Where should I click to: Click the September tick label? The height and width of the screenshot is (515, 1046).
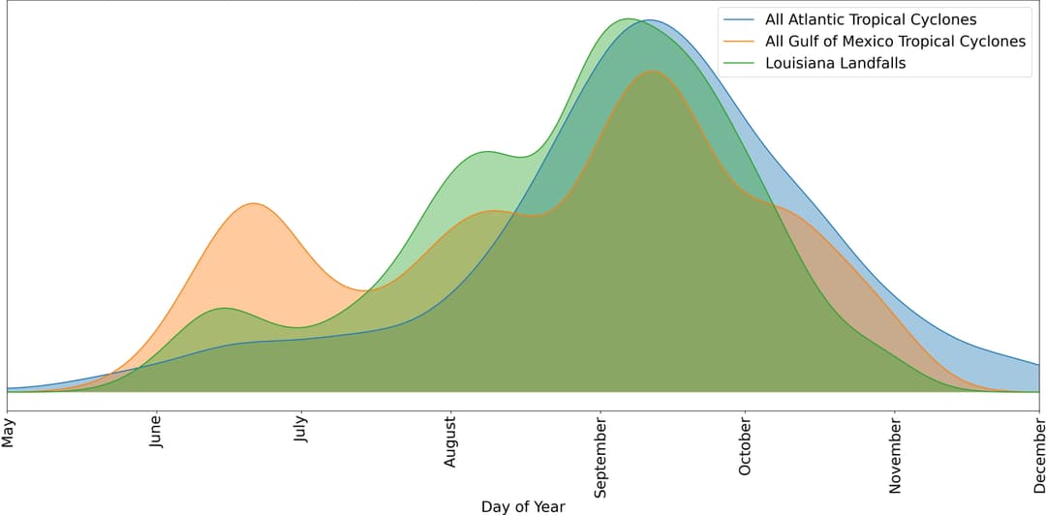(x=600, y=458)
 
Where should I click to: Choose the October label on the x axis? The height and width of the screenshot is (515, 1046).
(x=745, y=446)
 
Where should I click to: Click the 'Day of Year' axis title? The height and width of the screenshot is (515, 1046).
(x=523, y=506)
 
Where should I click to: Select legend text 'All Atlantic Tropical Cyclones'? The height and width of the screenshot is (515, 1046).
(x=871, y=19)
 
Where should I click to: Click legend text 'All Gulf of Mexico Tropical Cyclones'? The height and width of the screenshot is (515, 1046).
(x=895, y=42)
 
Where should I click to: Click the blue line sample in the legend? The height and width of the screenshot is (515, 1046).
(x=739, y=19)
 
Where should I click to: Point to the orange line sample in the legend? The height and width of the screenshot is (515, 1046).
(x=739, y=42)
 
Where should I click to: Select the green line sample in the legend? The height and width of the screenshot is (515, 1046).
(x=739, y=64)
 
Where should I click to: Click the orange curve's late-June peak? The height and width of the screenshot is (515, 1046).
(x=254, y=203)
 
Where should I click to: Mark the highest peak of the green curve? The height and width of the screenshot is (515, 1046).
(x=628, y=18)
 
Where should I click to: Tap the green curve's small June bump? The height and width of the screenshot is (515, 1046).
(x=225, y=308)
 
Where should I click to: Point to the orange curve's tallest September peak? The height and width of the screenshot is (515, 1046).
(x=655, y=71)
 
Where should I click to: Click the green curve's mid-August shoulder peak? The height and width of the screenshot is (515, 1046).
(x=487, y=152)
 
